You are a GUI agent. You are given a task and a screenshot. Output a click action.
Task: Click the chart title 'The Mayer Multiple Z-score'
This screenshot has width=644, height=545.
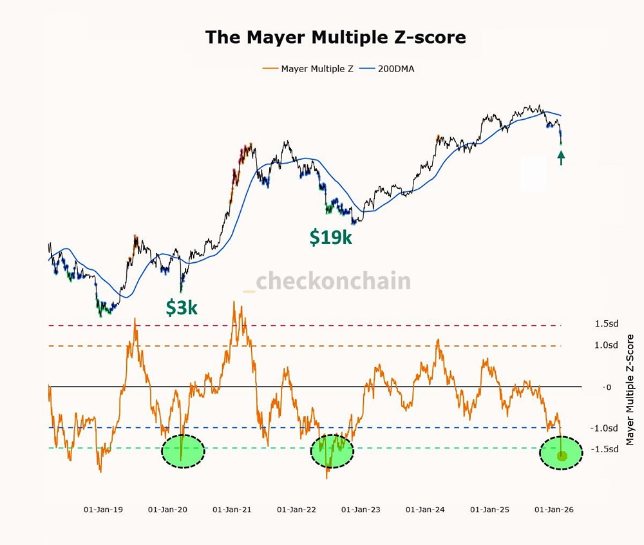(335, 37)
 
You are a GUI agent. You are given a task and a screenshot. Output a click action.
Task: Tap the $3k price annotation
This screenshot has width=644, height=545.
(182, 308)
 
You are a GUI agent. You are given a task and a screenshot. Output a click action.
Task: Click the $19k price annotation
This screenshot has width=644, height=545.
(331, 237)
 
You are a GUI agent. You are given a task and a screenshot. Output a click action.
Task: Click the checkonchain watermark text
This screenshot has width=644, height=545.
(333, 282)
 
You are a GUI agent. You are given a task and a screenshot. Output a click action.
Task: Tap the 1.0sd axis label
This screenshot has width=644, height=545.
(606, 346)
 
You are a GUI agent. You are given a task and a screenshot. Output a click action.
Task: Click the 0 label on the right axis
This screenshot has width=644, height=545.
(607, 387)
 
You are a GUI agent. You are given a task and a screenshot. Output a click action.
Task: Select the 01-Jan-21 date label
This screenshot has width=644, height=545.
(232, 509)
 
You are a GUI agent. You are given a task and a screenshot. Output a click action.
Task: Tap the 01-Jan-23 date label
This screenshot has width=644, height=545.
(361, 509)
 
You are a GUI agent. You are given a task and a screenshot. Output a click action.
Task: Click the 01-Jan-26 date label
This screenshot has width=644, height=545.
(554, 509)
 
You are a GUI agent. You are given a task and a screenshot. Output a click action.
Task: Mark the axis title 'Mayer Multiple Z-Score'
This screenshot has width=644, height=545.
(630, 390)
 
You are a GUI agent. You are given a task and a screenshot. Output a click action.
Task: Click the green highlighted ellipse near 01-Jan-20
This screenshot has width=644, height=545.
(183, 451)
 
